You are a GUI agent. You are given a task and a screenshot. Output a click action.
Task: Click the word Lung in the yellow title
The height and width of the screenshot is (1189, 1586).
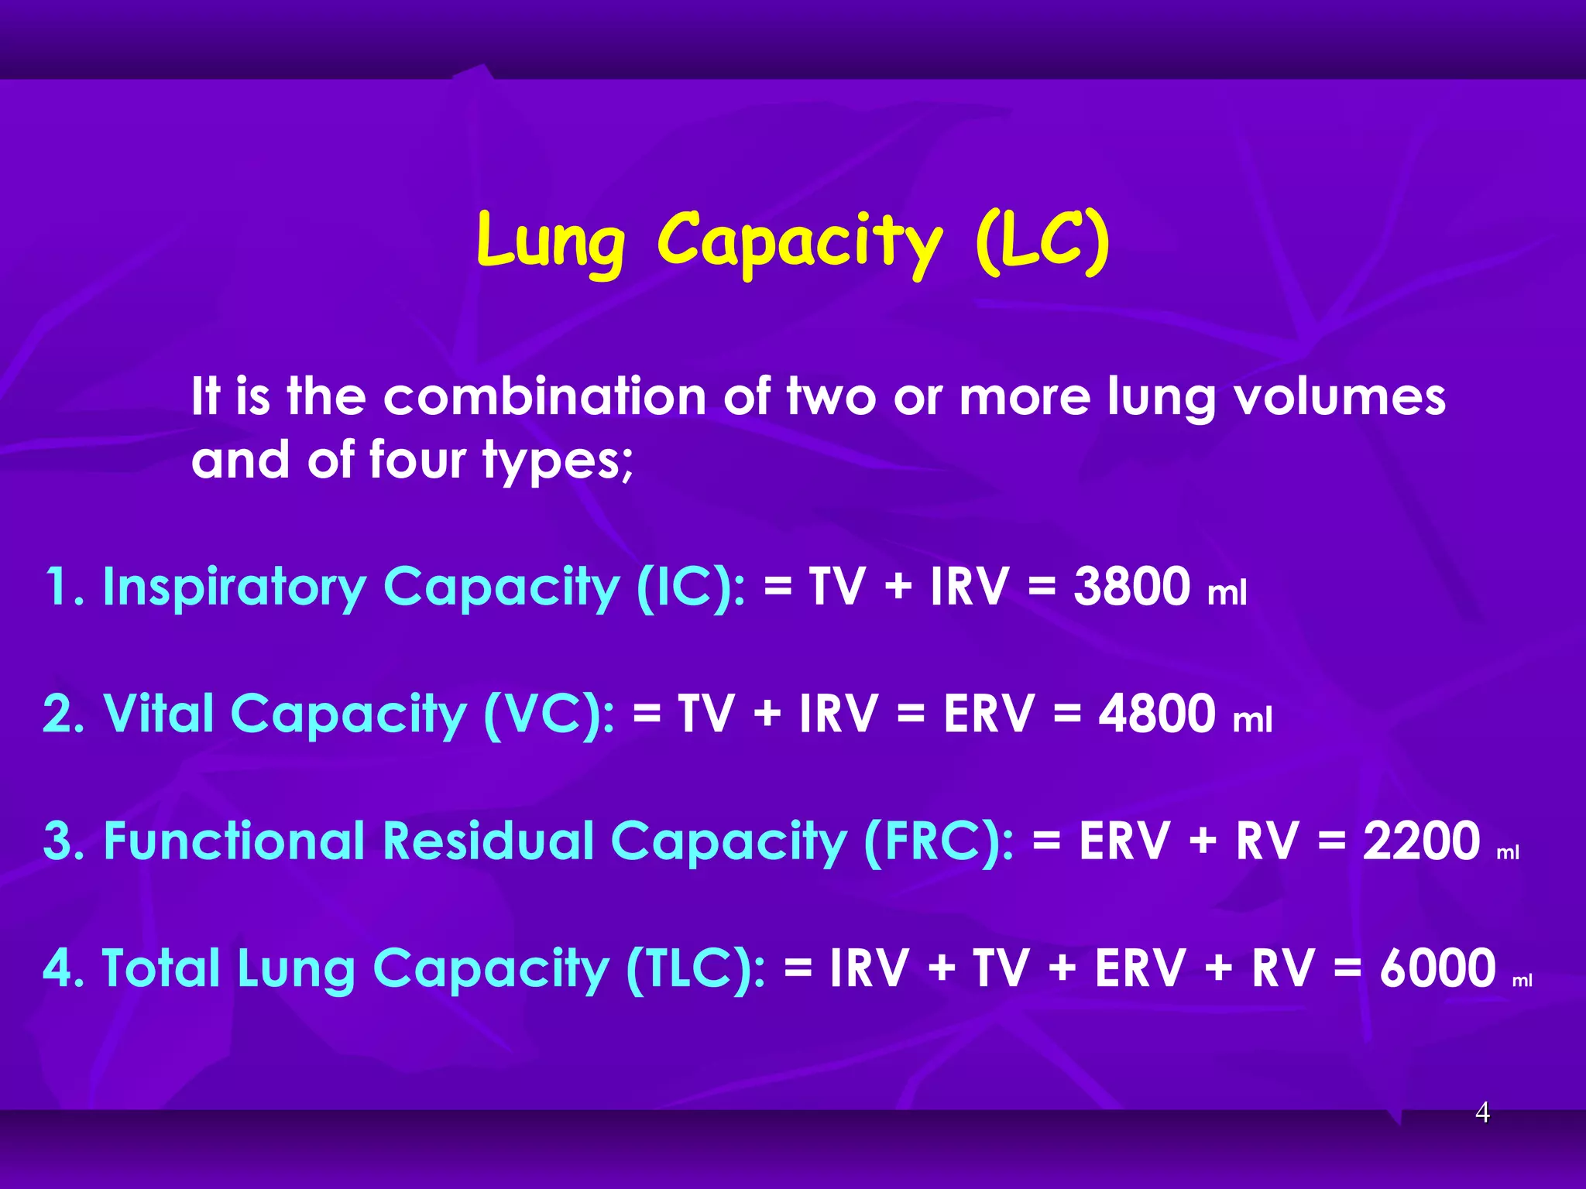[551, 242]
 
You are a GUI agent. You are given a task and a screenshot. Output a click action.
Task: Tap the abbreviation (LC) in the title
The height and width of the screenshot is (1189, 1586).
[1042, 242]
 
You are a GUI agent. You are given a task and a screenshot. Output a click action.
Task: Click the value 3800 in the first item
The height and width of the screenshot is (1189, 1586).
[1131, 586]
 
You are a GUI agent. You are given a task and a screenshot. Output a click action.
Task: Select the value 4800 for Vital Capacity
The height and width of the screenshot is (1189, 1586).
[1157, 713]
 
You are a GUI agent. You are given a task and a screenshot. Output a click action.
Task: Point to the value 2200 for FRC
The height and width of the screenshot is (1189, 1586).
[1421, 841]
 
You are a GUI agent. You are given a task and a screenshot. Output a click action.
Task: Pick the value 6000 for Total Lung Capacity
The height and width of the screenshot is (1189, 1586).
[1437, 968]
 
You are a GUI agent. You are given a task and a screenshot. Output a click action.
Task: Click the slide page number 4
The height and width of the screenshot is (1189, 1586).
[1482, 1112]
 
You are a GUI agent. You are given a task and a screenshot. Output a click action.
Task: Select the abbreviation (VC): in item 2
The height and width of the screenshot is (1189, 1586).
[549, 714]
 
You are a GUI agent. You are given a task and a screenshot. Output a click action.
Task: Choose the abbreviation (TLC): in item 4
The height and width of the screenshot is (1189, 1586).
[695, 969]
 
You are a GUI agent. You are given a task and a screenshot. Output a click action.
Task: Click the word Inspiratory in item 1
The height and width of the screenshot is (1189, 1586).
[234, 588]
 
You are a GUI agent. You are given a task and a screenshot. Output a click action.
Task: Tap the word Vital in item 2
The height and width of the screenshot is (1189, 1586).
[158, 713]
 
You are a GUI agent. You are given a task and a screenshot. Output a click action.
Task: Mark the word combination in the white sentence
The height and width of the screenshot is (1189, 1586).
[545, 396]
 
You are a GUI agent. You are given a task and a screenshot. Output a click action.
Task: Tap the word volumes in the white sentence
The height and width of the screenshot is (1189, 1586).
[1339, 396]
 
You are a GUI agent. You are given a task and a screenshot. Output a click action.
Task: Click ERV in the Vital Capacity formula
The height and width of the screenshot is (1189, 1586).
[989, 713]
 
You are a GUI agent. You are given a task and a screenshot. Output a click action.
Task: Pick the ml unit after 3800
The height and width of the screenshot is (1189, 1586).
[1227, 593]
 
